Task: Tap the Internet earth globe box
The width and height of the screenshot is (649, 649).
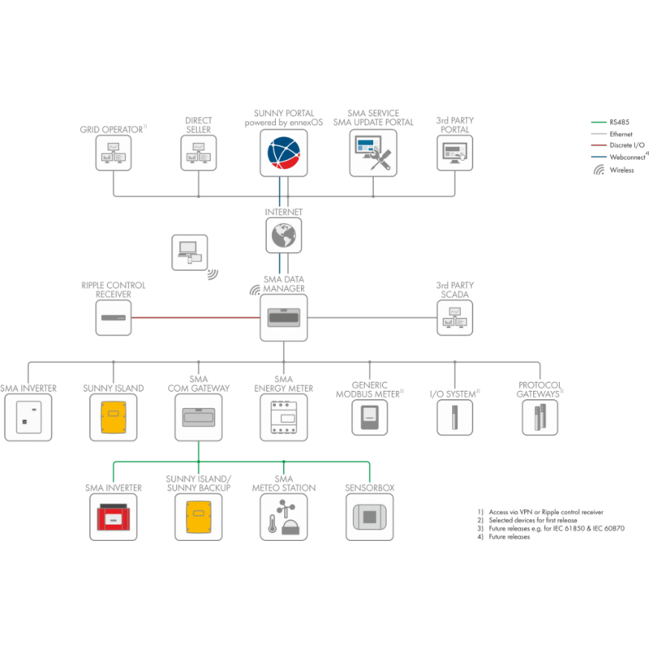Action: point(283,236)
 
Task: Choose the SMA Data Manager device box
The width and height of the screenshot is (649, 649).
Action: point(283,317)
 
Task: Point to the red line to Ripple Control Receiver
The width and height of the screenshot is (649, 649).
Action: point(195,317)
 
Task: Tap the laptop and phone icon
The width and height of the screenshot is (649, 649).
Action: point(190,252)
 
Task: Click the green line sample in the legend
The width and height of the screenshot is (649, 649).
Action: point(598,122)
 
